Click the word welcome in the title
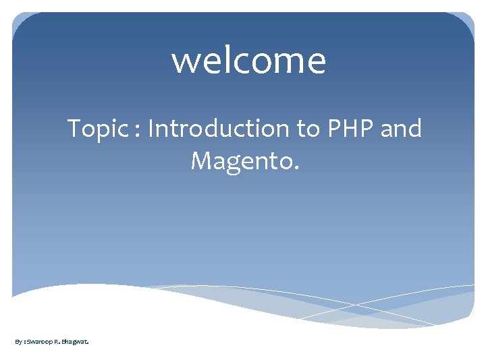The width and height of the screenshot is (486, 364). [x=248, y=60]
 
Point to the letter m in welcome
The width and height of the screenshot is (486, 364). [x=286, y=63]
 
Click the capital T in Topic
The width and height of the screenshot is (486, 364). [x=74, y=127]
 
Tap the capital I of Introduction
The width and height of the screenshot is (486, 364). [x=151, y=127]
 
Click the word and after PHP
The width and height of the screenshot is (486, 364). [x=401, y=127]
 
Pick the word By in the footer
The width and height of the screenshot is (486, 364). [x=18, y=342]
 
